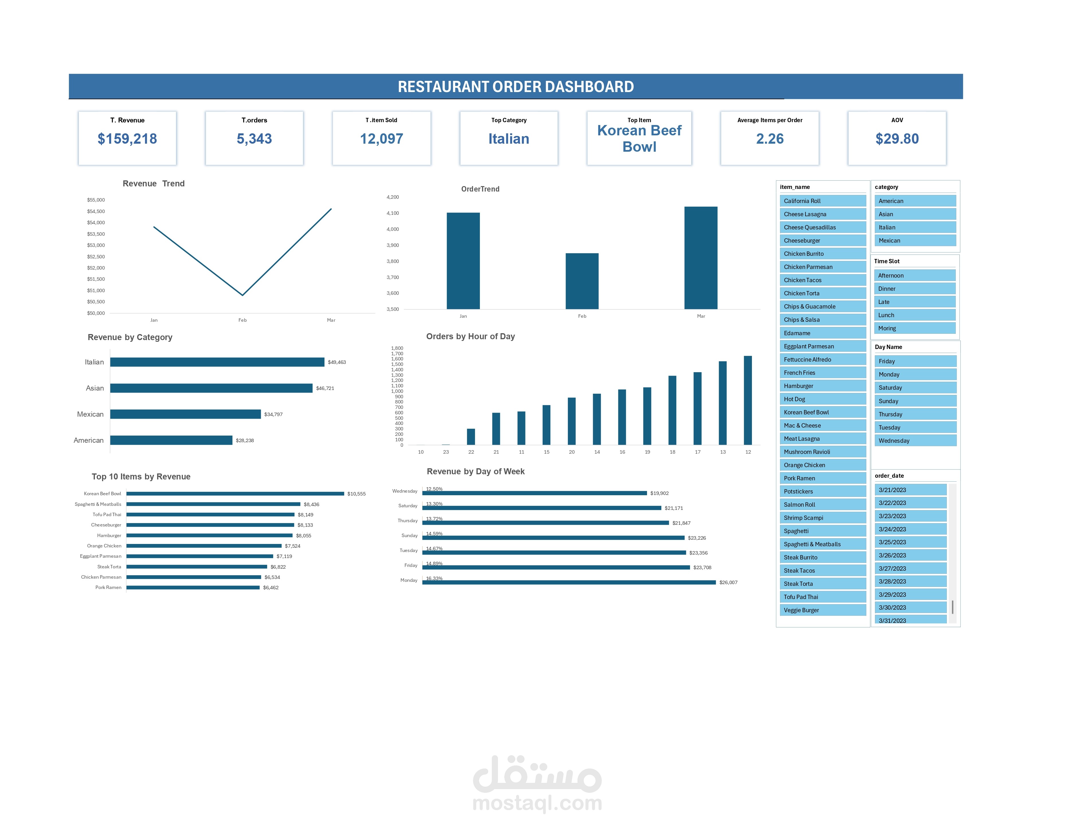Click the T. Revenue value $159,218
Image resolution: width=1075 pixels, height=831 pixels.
pos(127,139)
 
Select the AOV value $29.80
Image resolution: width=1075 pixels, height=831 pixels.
pos(896,139)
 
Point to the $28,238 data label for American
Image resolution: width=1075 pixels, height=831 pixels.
pos(245,440)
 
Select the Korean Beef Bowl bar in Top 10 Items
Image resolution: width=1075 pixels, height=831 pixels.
pos(235,493)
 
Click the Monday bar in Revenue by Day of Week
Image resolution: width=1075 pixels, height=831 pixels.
pos(568,582)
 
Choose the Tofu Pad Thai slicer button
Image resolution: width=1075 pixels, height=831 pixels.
pos(822,597)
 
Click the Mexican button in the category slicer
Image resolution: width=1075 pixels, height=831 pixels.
pos(914,240)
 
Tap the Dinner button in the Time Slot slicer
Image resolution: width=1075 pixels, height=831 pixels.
pos(914,288)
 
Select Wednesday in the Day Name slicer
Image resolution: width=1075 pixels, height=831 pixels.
pos(914,441)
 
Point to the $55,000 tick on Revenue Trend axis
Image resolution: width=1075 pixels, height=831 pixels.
pos(96,200)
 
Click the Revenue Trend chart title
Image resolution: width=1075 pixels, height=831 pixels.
pos(154,184)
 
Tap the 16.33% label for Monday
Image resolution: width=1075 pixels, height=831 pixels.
pos(434,578)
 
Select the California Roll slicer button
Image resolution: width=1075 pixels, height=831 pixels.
pos(822,201)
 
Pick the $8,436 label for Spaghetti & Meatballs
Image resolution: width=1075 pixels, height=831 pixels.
pos(311,504)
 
